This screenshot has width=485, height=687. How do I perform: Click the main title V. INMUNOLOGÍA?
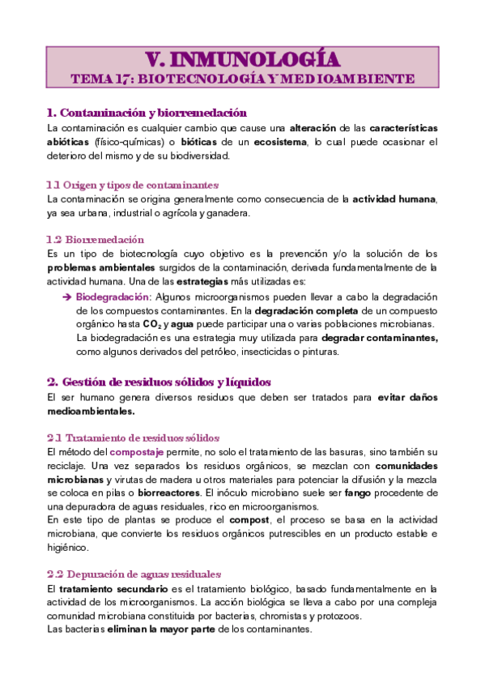click(x=242, y=59)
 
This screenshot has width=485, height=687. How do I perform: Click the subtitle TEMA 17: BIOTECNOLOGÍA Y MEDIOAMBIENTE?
click(x=242, y=79)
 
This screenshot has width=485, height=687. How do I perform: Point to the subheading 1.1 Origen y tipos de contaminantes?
click(x=133, y=184)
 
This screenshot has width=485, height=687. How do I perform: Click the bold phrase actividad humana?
click(x=395, y=198)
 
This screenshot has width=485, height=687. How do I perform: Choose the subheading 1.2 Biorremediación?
click(x=96, y=239)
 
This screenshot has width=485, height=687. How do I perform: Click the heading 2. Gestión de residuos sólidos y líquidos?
click(x=159, y=381)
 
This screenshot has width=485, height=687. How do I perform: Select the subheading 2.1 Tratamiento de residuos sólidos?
click(x=134, y=437)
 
